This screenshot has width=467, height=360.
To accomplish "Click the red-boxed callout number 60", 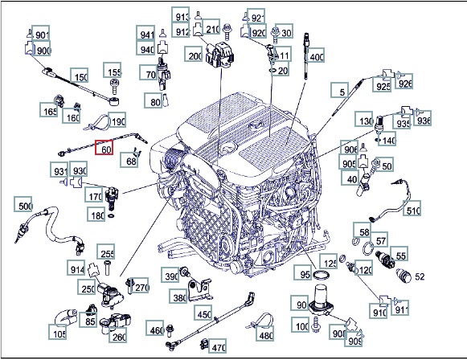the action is [x=104, y=147].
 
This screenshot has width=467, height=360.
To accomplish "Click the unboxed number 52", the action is [x=420, y=276].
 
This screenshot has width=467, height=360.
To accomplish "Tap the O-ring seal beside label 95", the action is [x=322, y=276].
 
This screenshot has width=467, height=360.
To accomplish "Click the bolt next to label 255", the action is [x=107, y=268].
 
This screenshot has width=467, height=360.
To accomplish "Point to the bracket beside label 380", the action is [x=200, y=288].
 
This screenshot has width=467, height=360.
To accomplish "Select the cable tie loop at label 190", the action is [x=98, y=123].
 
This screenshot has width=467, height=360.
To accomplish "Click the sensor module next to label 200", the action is [x=219, y=55].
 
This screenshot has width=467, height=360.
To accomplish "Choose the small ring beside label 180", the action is [x=112, y=215].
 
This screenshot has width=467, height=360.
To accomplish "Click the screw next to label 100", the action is [x=315, y=325].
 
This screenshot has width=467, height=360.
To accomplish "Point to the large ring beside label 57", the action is [x=368, y=248].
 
